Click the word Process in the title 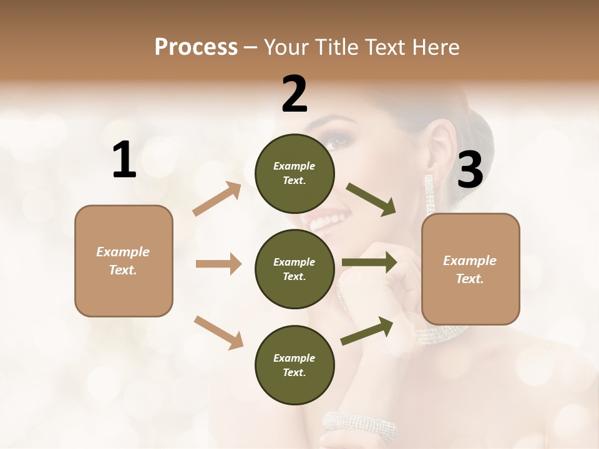tap(196, 47)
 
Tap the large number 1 tap(124, 160)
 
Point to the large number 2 tap(295, 94)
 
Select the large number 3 tap(470, 170)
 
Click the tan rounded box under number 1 tap(124, 261)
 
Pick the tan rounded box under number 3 tap(470, 269)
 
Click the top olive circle tap(295, 173)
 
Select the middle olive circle tap(295, 269)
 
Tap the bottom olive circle tap(295, 365)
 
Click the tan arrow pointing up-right tap(217, 198)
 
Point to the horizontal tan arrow tap(218, 264)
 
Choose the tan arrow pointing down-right tap(218, 332)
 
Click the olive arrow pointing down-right tap(371, 200)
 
